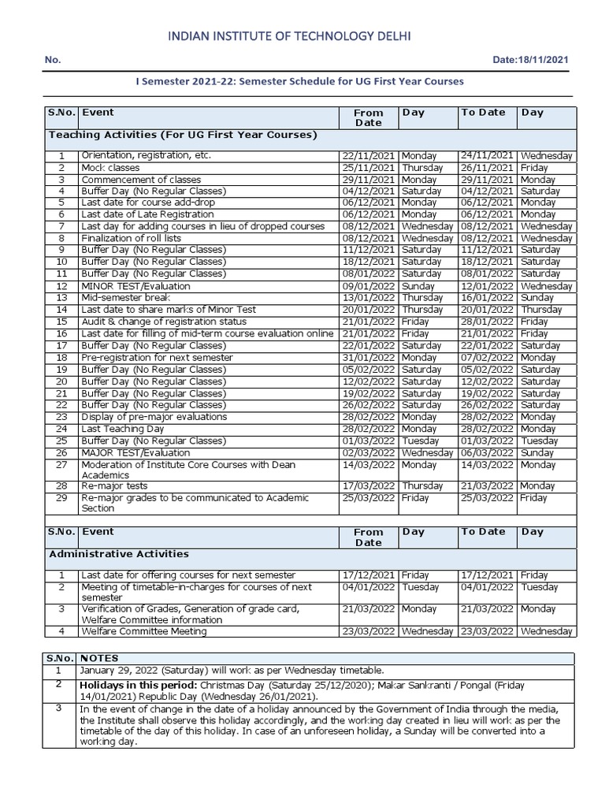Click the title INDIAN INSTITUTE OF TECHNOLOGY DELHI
click(291, 36)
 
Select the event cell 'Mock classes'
click(110, 168)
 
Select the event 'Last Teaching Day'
click(123, 429)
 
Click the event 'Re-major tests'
click(115, 486)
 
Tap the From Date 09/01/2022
click(369, 286)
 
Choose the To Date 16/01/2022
click(488, 298)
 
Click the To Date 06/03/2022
click(488, 453)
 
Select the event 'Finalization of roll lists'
click(131, 238)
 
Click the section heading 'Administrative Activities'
click(119, 554)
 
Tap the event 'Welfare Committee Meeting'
click(144, 631)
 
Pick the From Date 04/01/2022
click(369, 587)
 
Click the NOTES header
click(99, 658)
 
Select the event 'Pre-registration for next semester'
click(158, 357)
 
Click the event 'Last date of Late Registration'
click(147, 214)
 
